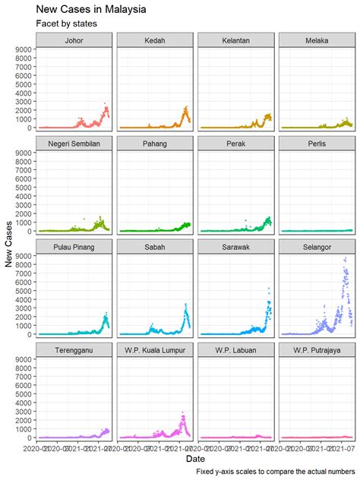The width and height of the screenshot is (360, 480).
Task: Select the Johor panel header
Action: pyautogui.click(x=74, y=40)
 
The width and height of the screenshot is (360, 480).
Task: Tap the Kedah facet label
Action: pyautogui.click(x=155, y=40)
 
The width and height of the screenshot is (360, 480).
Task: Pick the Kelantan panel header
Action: pyautogui.click(x=236, y=40)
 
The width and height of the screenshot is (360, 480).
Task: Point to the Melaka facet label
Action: pyautogui.click(x=317, y=40)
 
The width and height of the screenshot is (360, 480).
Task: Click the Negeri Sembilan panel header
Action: pyautogui.click(x=74, y=144)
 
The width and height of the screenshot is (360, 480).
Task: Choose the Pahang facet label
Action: pyautogui.click(x=155, y=144)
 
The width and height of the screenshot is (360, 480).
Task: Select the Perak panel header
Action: pyautogui.click(x=236, y=144)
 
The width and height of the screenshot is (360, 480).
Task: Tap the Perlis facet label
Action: pyautogui.click(x=317, y=144)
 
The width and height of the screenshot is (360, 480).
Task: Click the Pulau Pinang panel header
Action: pyautogui.click(x=74, y=247)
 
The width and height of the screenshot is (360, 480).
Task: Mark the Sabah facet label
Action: pyautogui.click(x=155, y=247)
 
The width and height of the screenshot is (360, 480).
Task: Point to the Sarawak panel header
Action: pyautogui.click(x=236, y=247)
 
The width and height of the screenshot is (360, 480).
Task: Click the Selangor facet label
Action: pyautogui.click(x=317, y=247)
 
